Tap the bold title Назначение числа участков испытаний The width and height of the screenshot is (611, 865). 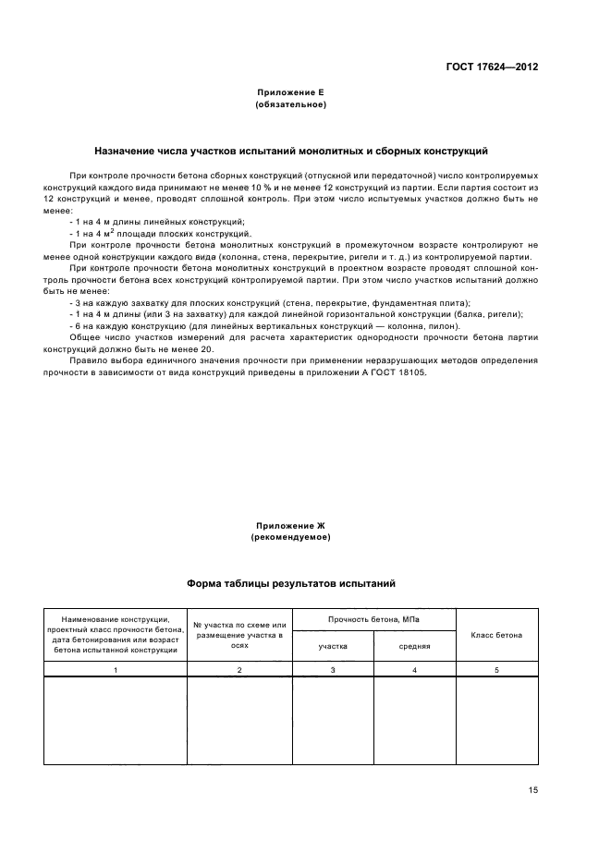pyautogui.click(x=291, y=150)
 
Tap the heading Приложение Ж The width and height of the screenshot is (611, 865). pyautogui.click(x=291, y=525)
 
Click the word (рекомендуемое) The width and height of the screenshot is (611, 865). pyautogui.click(x=291, y=536)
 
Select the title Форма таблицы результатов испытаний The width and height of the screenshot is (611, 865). pyautogui.click(x=291, y=583)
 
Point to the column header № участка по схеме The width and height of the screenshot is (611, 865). pyautogui.click(x=239, y=634)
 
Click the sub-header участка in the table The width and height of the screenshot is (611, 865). pyautogui.click(x=333, y=647)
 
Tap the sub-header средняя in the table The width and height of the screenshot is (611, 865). pyautogui.click(x=414, y=647)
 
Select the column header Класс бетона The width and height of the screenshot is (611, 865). pyautogui.click(x=496, y=635)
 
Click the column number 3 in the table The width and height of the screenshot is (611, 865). pyautogui.click(x=333, y=668)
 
